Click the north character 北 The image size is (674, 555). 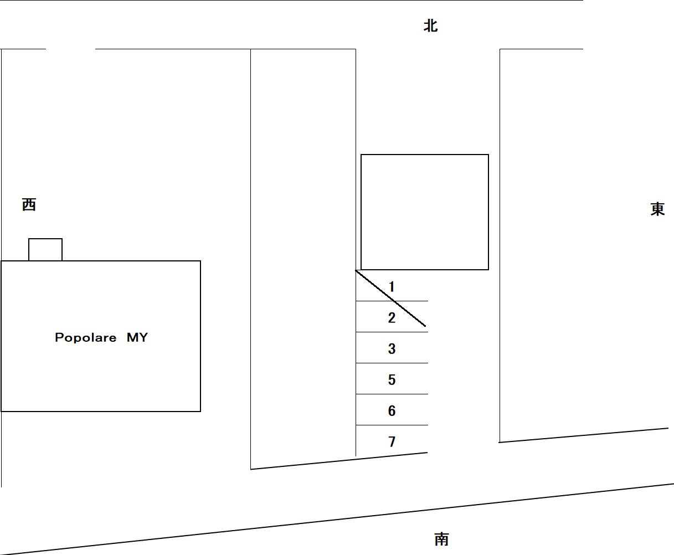pos(430,25)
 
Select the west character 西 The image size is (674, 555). pos(29,204)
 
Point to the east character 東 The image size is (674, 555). pos(658,209)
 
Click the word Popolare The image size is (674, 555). pos(86,338)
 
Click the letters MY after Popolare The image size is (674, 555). pos(137,337)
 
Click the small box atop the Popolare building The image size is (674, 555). pos(45,249)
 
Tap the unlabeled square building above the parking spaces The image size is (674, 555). pos(425,155)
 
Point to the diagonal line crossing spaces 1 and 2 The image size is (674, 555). pos(390,299)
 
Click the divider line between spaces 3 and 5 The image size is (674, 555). pos(392,363)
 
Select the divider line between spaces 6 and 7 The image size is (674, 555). pos(392,425)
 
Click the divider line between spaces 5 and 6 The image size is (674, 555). pos(392,394)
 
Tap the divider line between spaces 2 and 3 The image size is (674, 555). pos(392,332)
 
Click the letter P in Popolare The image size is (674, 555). pos(59,337)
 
